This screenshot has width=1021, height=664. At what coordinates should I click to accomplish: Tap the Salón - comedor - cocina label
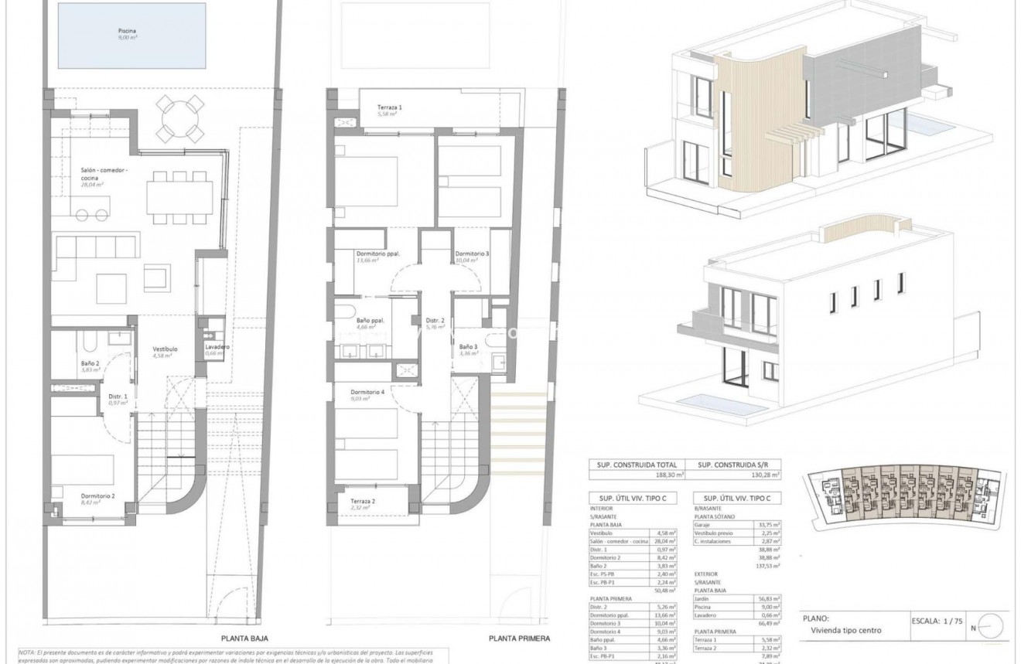(x=105, y=174)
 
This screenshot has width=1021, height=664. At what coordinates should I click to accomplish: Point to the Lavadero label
(x=216, y=348)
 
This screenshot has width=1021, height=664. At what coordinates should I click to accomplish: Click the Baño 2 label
(x=90, y=363)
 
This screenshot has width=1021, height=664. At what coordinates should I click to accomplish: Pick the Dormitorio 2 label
(x=97, y=496)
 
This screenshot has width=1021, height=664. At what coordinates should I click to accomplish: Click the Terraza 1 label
(x=390, y=107)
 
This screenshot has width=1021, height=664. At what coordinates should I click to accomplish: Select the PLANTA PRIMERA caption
(x=519, y=639)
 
